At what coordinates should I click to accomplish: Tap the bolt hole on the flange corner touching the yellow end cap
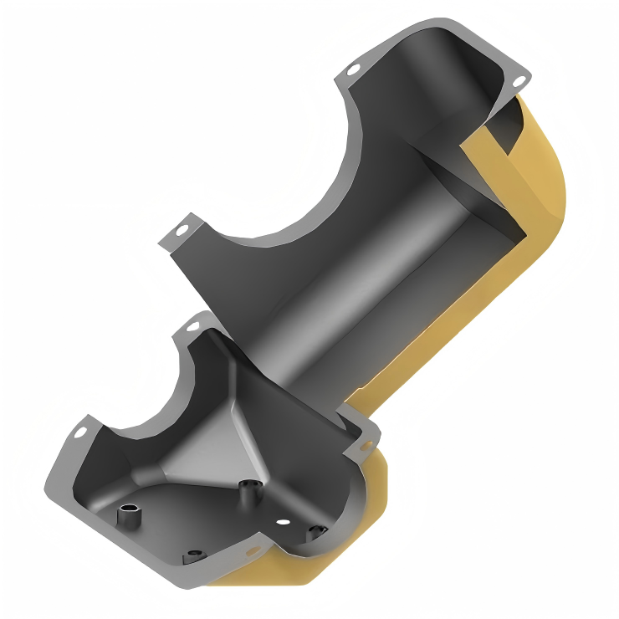pyautogui.click(x=518, y=80)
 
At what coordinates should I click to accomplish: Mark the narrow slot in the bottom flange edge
pyautogui.click(x=248, y=552)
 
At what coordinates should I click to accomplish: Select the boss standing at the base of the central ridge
pyautogui.click(x=248, y=491)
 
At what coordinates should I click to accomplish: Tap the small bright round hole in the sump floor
pyautogui.click(x=284, y=522)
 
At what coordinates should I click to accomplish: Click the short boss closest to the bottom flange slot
pyautogui.click(x=194, y=554)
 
